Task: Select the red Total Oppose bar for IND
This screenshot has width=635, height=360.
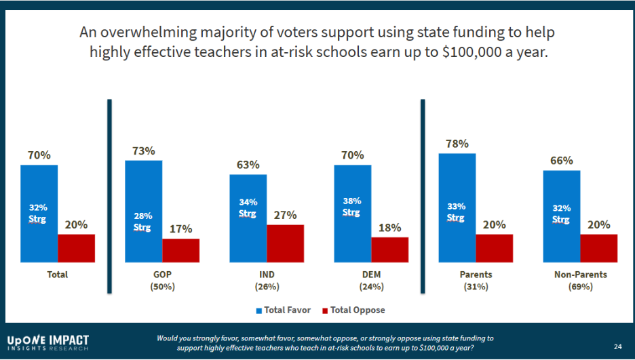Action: pos(285,243)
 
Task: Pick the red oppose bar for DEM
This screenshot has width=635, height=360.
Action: pos(390,249)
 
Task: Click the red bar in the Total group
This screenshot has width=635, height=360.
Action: pos(76,247)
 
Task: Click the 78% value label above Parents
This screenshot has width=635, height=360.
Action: pos(457,144)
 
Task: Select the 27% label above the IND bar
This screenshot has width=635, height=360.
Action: pos(285,215)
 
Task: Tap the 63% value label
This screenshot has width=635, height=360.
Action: pos(248,165)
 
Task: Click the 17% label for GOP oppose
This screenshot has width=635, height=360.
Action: pos(181,229)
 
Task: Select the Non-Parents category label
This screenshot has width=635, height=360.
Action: pos(580,275)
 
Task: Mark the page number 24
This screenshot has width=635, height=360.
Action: pos(617,346)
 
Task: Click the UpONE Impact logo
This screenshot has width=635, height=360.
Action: pos(47,342)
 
